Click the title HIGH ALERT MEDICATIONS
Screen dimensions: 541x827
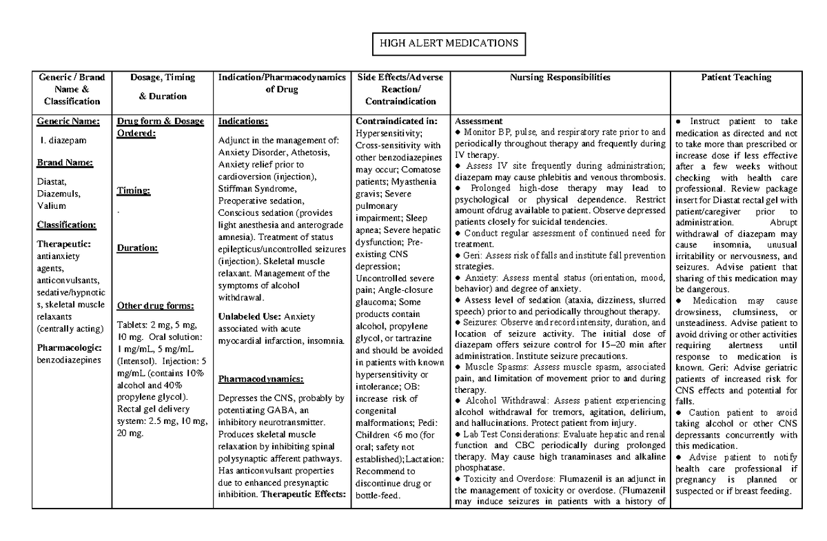coord(448,43)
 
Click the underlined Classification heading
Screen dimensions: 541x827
coord(66,225)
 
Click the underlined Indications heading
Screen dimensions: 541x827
coord(242,121)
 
